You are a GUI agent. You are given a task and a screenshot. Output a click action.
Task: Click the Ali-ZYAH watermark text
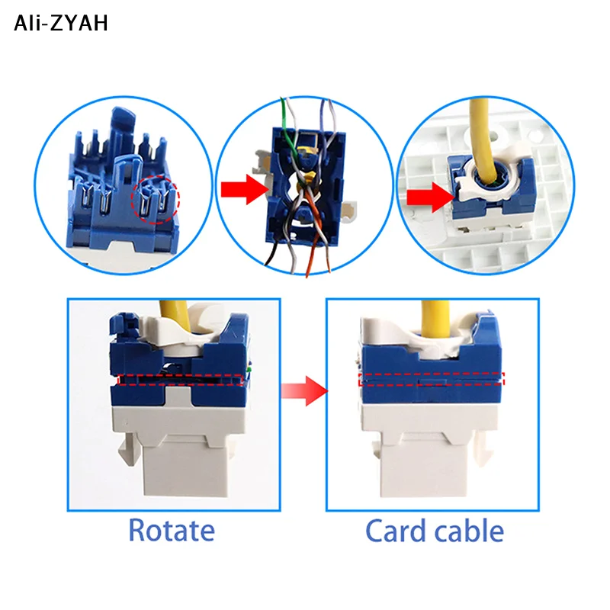61,24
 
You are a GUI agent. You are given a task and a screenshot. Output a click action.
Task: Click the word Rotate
172,530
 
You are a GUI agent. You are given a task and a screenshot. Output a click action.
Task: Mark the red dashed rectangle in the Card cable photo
432,379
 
